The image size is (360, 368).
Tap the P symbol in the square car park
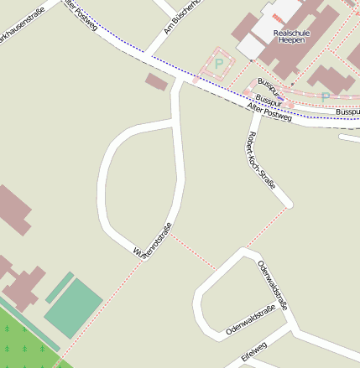[x=219, y=63]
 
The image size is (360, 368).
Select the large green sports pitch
[x=74, y=308]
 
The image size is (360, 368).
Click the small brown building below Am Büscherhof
[x=156, y=81]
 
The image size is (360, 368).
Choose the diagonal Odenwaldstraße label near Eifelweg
[x=250, y=323]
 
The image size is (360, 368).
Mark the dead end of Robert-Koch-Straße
[x=288, y=202]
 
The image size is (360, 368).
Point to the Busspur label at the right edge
[x=347, y=111]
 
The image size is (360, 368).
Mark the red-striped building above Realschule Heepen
[x=278, y=18]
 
